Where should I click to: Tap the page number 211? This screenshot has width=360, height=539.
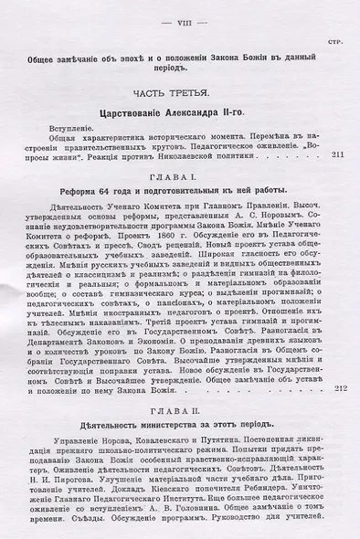336,155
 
